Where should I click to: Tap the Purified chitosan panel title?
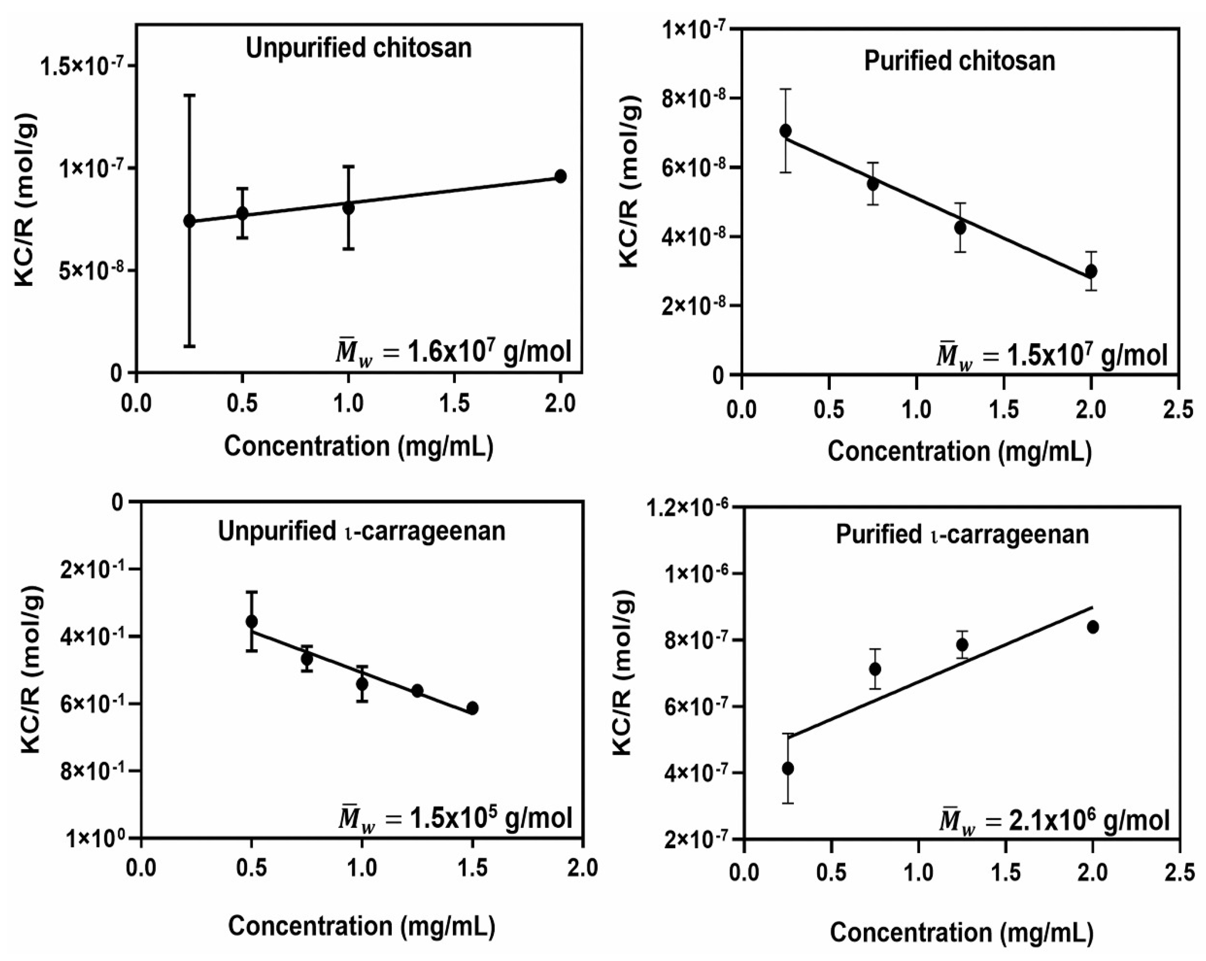tap(959, 61)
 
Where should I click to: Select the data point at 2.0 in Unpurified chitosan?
tap(560, 177)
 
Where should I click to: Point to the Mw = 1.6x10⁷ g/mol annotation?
tap(453, 352)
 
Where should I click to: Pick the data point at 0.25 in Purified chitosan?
tap(785, 131)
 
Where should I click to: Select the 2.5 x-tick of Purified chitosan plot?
tap(1178, 410)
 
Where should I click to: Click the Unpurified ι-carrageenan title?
tap(361, 531)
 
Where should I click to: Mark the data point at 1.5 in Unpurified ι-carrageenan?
tap(472, 708)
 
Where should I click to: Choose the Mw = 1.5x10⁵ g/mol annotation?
tap(455, 818)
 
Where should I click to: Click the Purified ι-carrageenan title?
tap(962, 535)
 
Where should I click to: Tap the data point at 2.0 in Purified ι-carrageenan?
tap(1093, 627)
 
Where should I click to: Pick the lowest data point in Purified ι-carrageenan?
tap(787, 769)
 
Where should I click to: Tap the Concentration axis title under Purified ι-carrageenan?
tap(961, 933)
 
